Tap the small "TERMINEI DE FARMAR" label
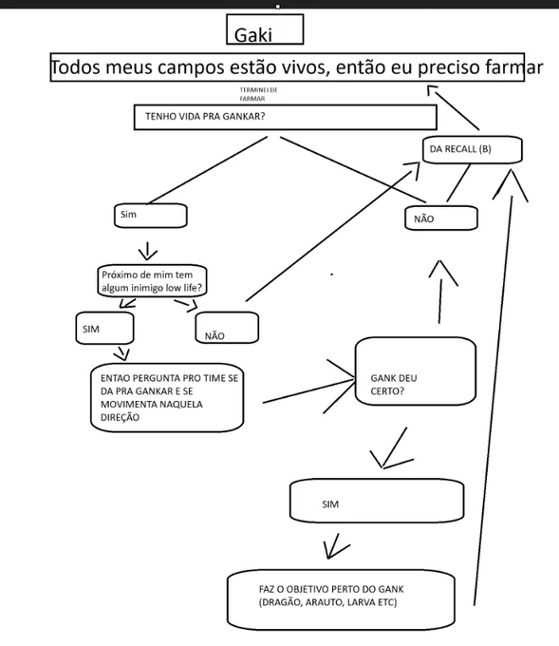[x=258, y=94]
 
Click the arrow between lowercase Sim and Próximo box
[x=147, y=251]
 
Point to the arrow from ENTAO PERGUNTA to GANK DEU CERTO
[x=308, y=390]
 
